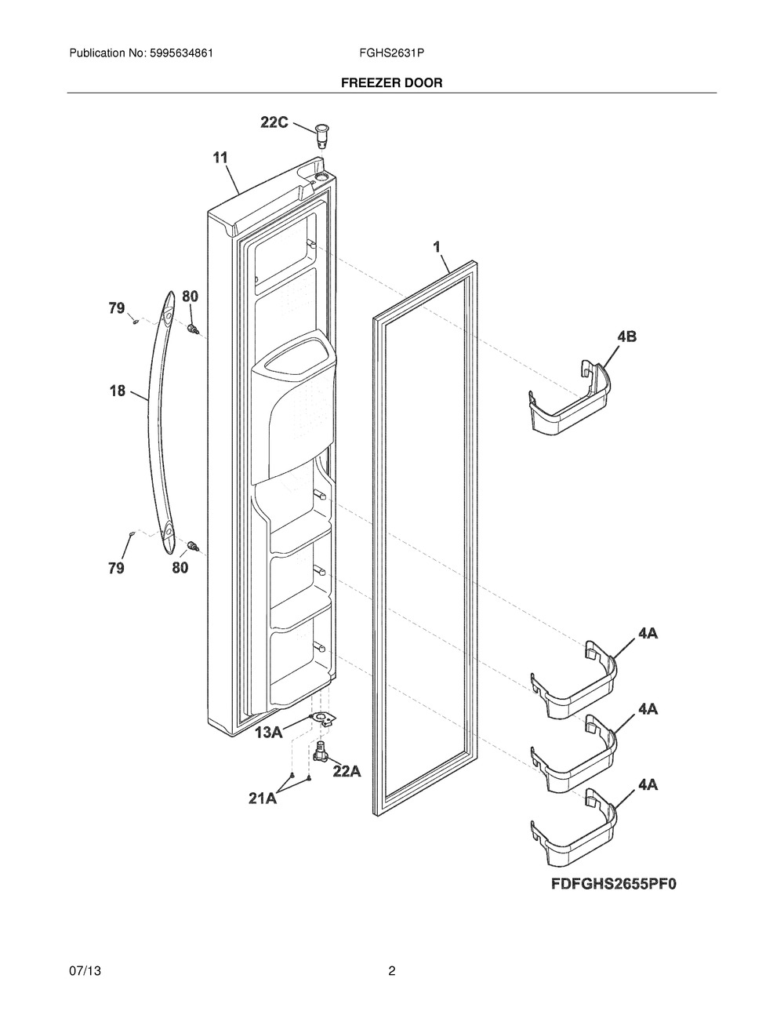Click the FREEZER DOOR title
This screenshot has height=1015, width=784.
pyautogui.click(x=391, y=82)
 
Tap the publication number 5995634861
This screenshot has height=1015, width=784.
pyautogui.click(x=181, y=53)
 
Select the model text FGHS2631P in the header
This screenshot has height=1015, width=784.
pyautogui.click(x=391, y=53)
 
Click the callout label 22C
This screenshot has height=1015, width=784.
pyautogui.click(x=274, y=122)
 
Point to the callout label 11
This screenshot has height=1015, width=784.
pyautogui.click(x=220, y=158)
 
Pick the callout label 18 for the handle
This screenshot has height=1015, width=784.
pyautogui.click(x=118, y=391)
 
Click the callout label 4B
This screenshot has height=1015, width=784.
pyautogui.click(x=626, y=337)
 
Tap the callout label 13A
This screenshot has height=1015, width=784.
pyautogui.click(x=269, y=733)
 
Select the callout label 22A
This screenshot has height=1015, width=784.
pyautogui.click(x=347, y=771)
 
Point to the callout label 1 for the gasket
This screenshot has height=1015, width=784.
pyautogui.click(x=437, y=247)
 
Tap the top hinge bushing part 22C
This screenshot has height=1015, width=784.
pyautogui.click(x=322, y=136)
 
